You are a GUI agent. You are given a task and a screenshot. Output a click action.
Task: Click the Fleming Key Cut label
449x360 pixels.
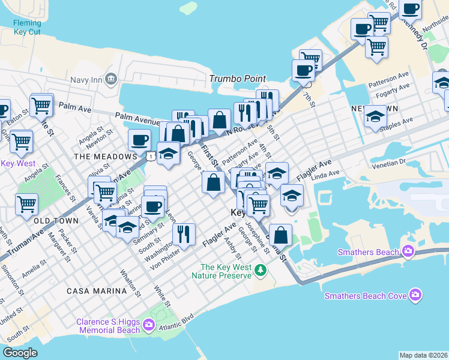coord(27,28)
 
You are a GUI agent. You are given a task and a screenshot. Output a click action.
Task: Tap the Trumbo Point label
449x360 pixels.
coord(237,79)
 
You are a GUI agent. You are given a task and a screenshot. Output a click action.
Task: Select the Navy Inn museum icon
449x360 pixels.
coord(110,79)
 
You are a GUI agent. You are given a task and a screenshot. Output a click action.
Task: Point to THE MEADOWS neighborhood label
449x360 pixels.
coord(105,157)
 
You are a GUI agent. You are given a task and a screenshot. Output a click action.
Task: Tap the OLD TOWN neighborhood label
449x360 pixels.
coord(56,221)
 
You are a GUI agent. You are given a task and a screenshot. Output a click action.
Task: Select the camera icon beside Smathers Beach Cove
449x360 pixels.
coord(415,295)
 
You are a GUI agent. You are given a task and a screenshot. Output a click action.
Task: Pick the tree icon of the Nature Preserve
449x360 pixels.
coord(261,271)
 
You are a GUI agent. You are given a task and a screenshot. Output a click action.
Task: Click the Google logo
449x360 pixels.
coord(20,353)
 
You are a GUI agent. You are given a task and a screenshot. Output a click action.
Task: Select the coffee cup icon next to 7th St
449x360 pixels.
coord(303,70)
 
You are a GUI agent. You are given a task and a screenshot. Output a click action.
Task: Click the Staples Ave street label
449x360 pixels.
coord(399,122)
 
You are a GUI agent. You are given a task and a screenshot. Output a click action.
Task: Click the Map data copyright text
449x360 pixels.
coord(423,355)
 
